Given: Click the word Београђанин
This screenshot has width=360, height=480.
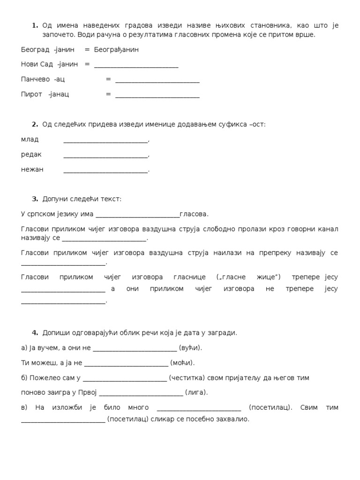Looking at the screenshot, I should (x=116, y=49).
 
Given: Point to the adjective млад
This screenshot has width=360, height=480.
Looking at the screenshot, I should (x=30, y=139).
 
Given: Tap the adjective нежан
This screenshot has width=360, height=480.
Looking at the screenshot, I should (x=32, y=169).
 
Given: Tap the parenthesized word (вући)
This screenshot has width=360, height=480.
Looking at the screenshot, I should (x=190, y=348).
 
